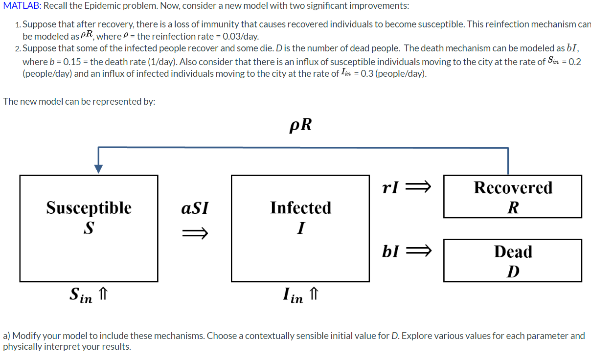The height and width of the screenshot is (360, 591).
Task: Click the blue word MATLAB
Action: click(x=19, y=6)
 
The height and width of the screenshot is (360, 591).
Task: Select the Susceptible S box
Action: click(x=89, y=228)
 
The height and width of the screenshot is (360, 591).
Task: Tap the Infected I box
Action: click(x=300, y=228)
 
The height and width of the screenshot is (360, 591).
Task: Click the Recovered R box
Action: click(x=512, y=197)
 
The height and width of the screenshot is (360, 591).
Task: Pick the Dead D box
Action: click(x=512, y=260)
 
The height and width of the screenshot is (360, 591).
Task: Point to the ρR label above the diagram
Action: click(x=300, y=125)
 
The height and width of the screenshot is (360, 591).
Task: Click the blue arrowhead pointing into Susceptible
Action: click(x=99, y=168)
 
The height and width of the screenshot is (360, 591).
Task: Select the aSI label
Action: click(x=194, y=208)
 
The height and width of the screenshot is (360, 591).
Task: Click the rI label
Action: click(x=390, y=187)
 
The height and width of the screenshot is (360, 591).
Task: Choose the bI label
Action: click(x=390, y=251)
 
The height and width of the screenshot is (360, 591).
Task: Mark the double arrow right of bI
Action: click(x=420, y=251)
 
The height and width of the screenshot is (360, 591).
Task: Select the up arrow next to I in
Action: click(x=314, y=294)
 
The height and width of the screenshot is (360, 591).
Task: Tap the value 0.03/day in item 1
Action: click(x=240, y=37)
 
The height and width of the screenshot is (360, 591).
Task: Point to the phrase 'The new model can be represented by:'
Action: click(x=79, y=101)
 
